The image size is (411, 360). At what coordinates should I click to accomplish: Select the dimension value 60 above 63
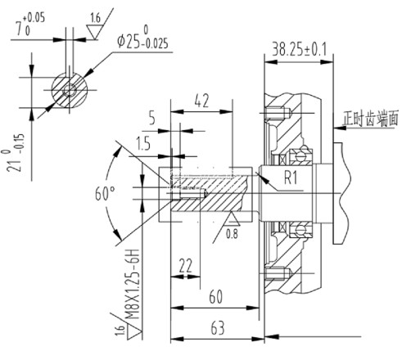click(x=215, y=296)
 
